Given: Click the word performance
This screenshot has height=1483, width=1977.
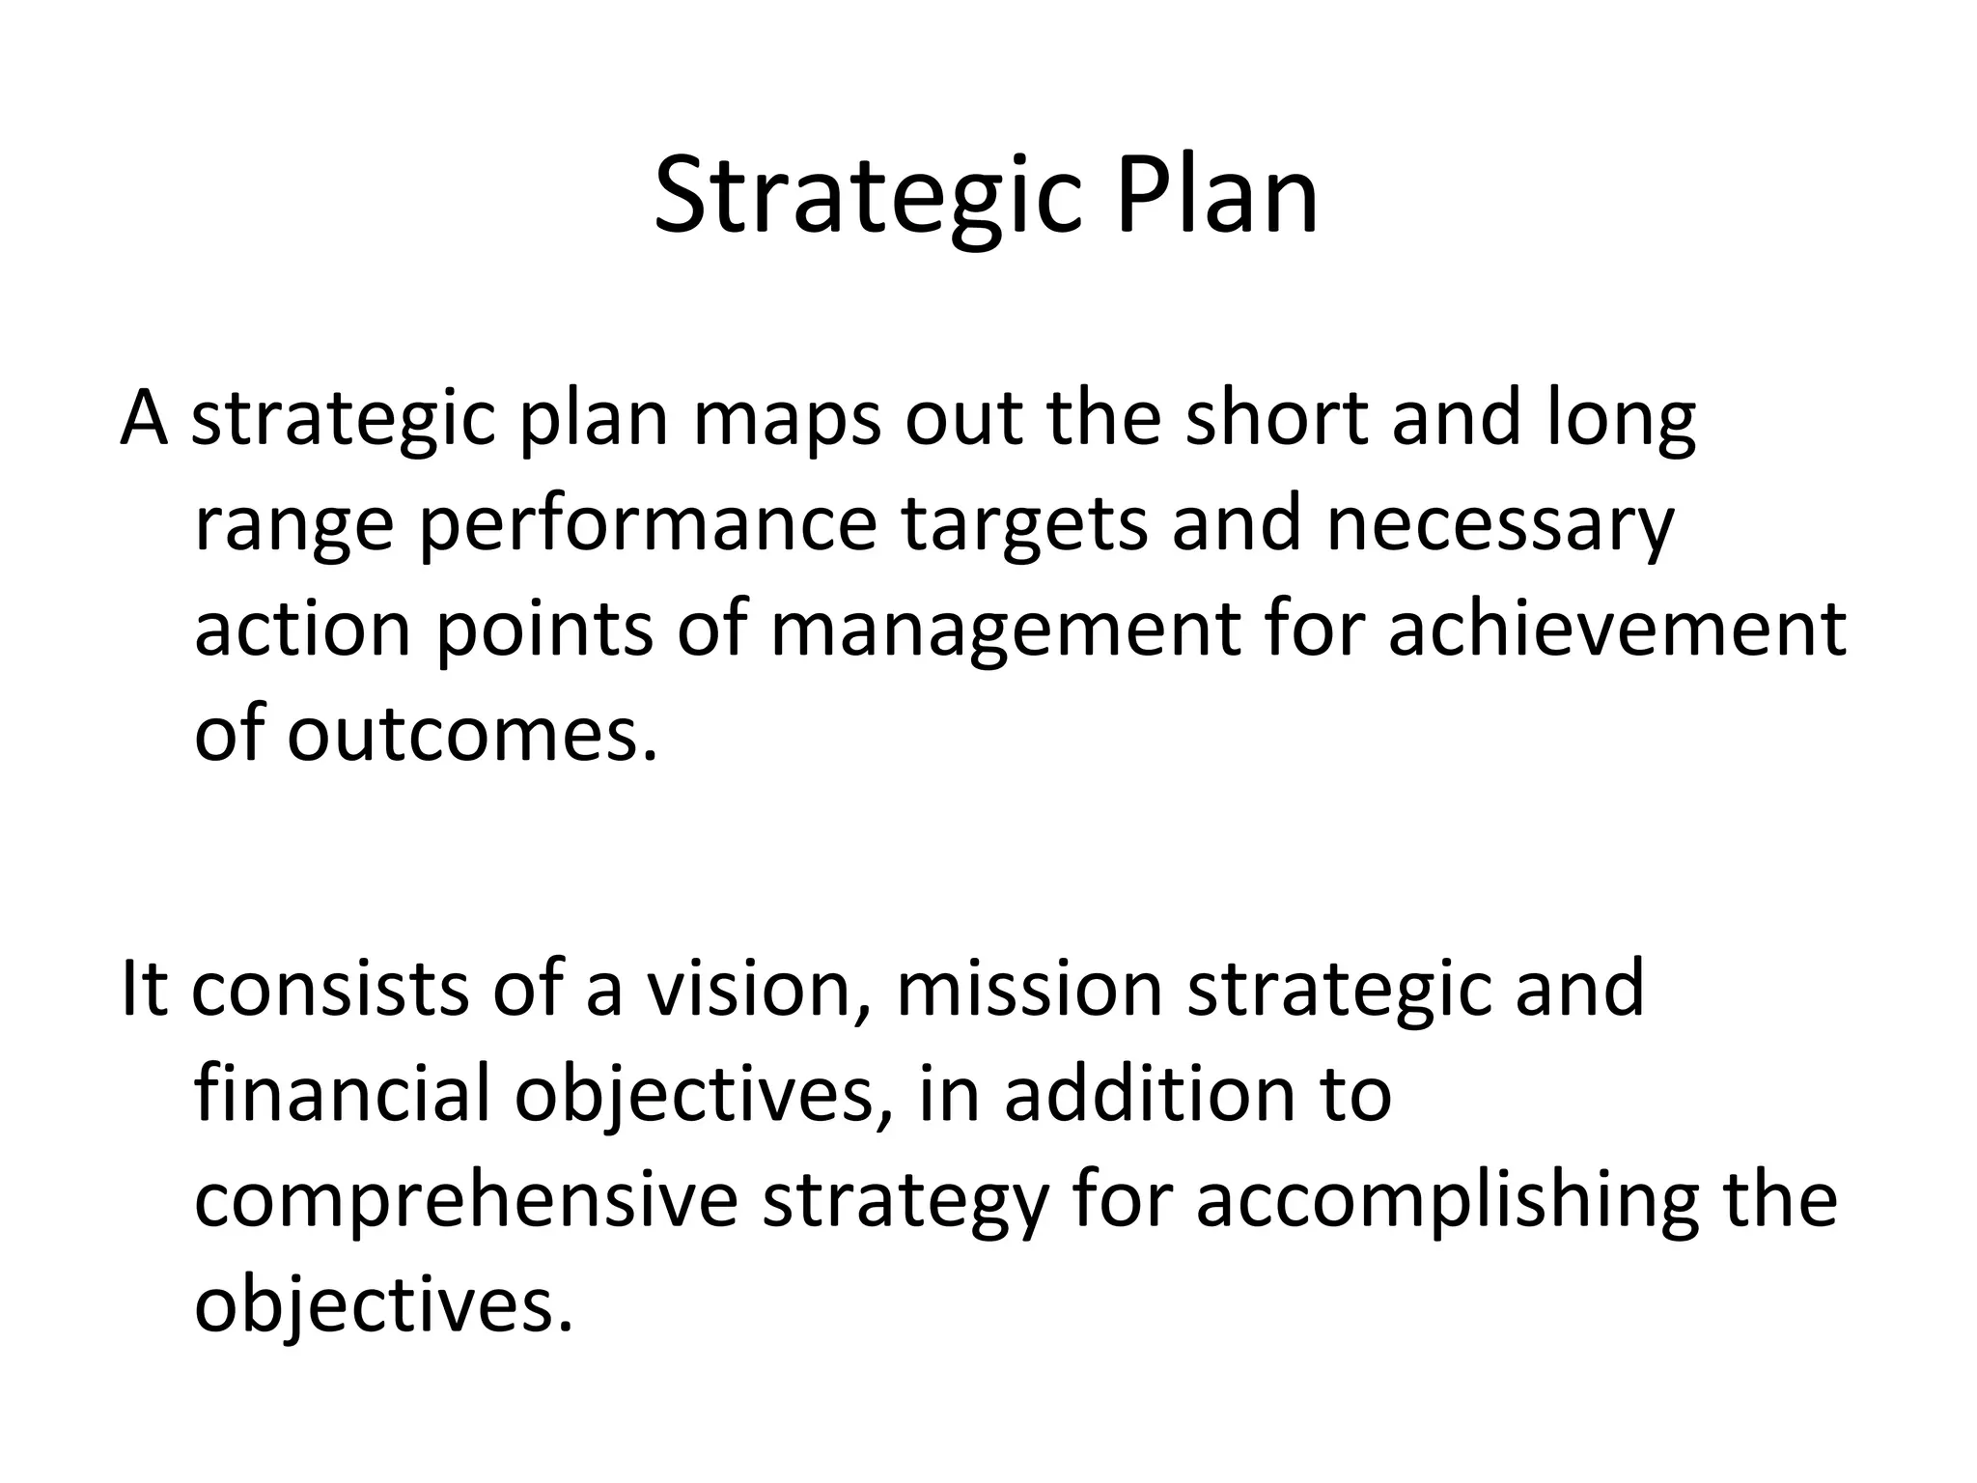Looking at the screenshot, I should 648,527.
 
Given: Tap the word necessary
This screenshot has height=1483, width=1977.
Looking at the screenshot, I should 1500,527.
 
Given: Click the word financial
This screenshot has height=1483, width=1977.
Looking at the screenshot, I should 344,1095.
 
